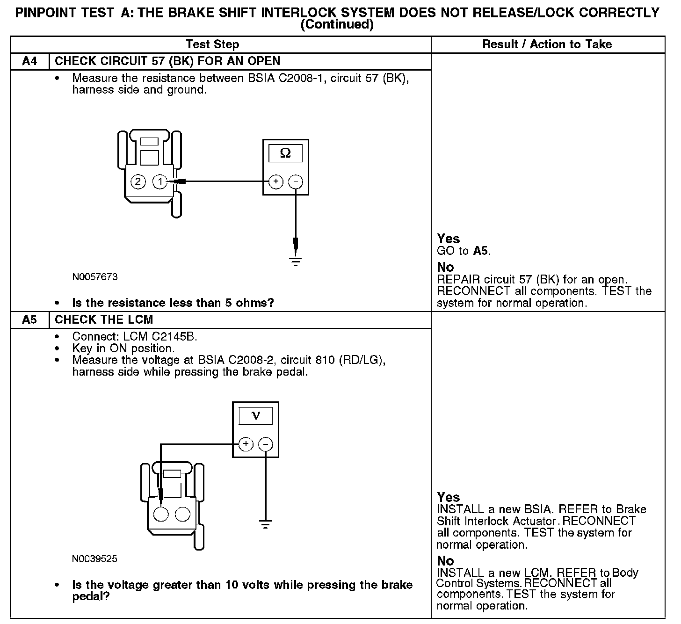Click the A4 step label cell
[x=29, y=61]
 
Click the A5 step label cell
[x=29, y=320]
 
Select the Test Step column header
[x=212, y=44]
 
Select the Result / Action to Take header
[x=547, y=44]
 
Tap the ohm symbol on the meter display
[x=285, y=153]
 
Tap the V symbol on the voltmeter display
[x=255, y=415]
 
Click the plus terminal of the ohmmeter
[x=276, y=181]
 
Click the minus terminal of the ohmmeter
[x=296, y=181]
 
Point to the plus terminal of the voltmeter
[x=246, y=444]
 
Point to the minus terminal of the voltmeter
[x=266, y=444]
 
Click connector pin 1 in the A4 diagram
[x=160, y=181]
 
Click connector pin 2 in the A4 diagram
[x=138, y=181]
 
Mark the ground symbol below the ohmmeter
[x=296, y=261]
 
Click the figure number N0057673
[x=95, y=277]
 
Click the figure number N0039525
[x=95, y=559]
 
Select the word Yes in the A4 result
[x=448, y=239]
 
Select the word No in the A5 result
[x=445, y=560]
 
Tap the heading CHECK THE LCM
[x=104, y=320]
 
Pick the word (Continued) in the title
[x=337, y=24]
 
